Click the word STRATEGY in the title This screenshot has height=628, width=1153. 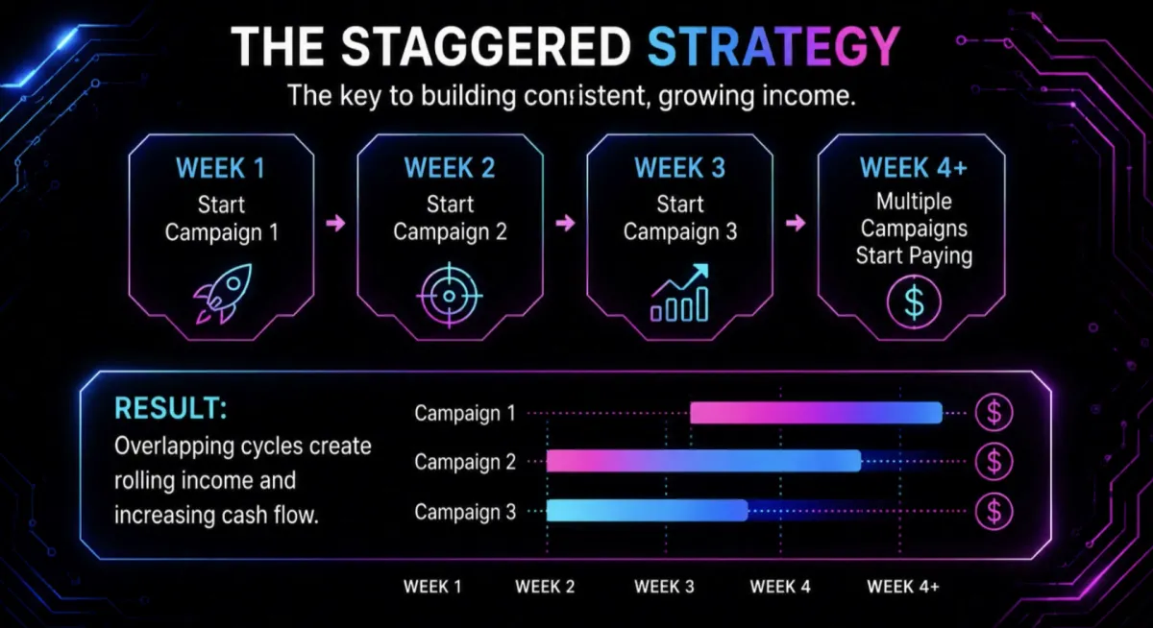coord(773,47)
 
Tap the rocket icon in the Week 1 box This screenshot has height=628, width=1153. coord(222,294)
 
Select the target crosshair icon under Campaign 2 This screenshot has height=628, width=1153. coord(450,296)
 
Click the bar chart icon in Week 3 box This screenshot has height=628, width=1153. coord(679,293)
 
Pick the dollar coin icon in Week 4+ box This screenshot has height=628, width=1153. coord(914,302)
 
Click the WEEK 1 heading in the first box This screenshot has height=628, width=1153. coord(221,168)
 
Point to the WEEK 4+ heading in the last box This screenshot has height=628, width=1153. coord(914,168)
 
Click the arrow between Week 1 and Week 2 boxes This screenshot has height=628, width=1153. coord(335,223)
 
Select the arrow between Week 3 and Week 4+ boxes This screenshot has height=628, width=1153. coord(796,223)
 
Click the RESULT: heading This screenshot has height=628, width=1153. coord(170,408)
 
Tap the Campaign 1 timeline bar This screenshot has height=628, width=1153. coord(816,413)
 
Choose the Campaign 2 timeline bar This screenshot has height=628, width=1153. coord(703,461)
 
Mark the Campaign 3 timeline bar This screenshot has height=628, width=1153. coord(647,511)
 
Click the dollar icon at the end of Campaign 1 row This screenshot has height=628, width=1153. coord(994,413)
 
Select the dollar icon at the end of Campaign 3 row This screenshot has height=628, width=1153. coord(994,511)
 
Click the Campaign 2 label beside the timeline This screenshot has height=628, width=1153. coord(465,462)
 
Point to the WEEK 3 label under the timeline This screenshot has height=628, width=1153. coord(664,587)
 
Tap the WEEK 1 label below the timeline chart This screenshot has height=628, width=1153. coord(432,587)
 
